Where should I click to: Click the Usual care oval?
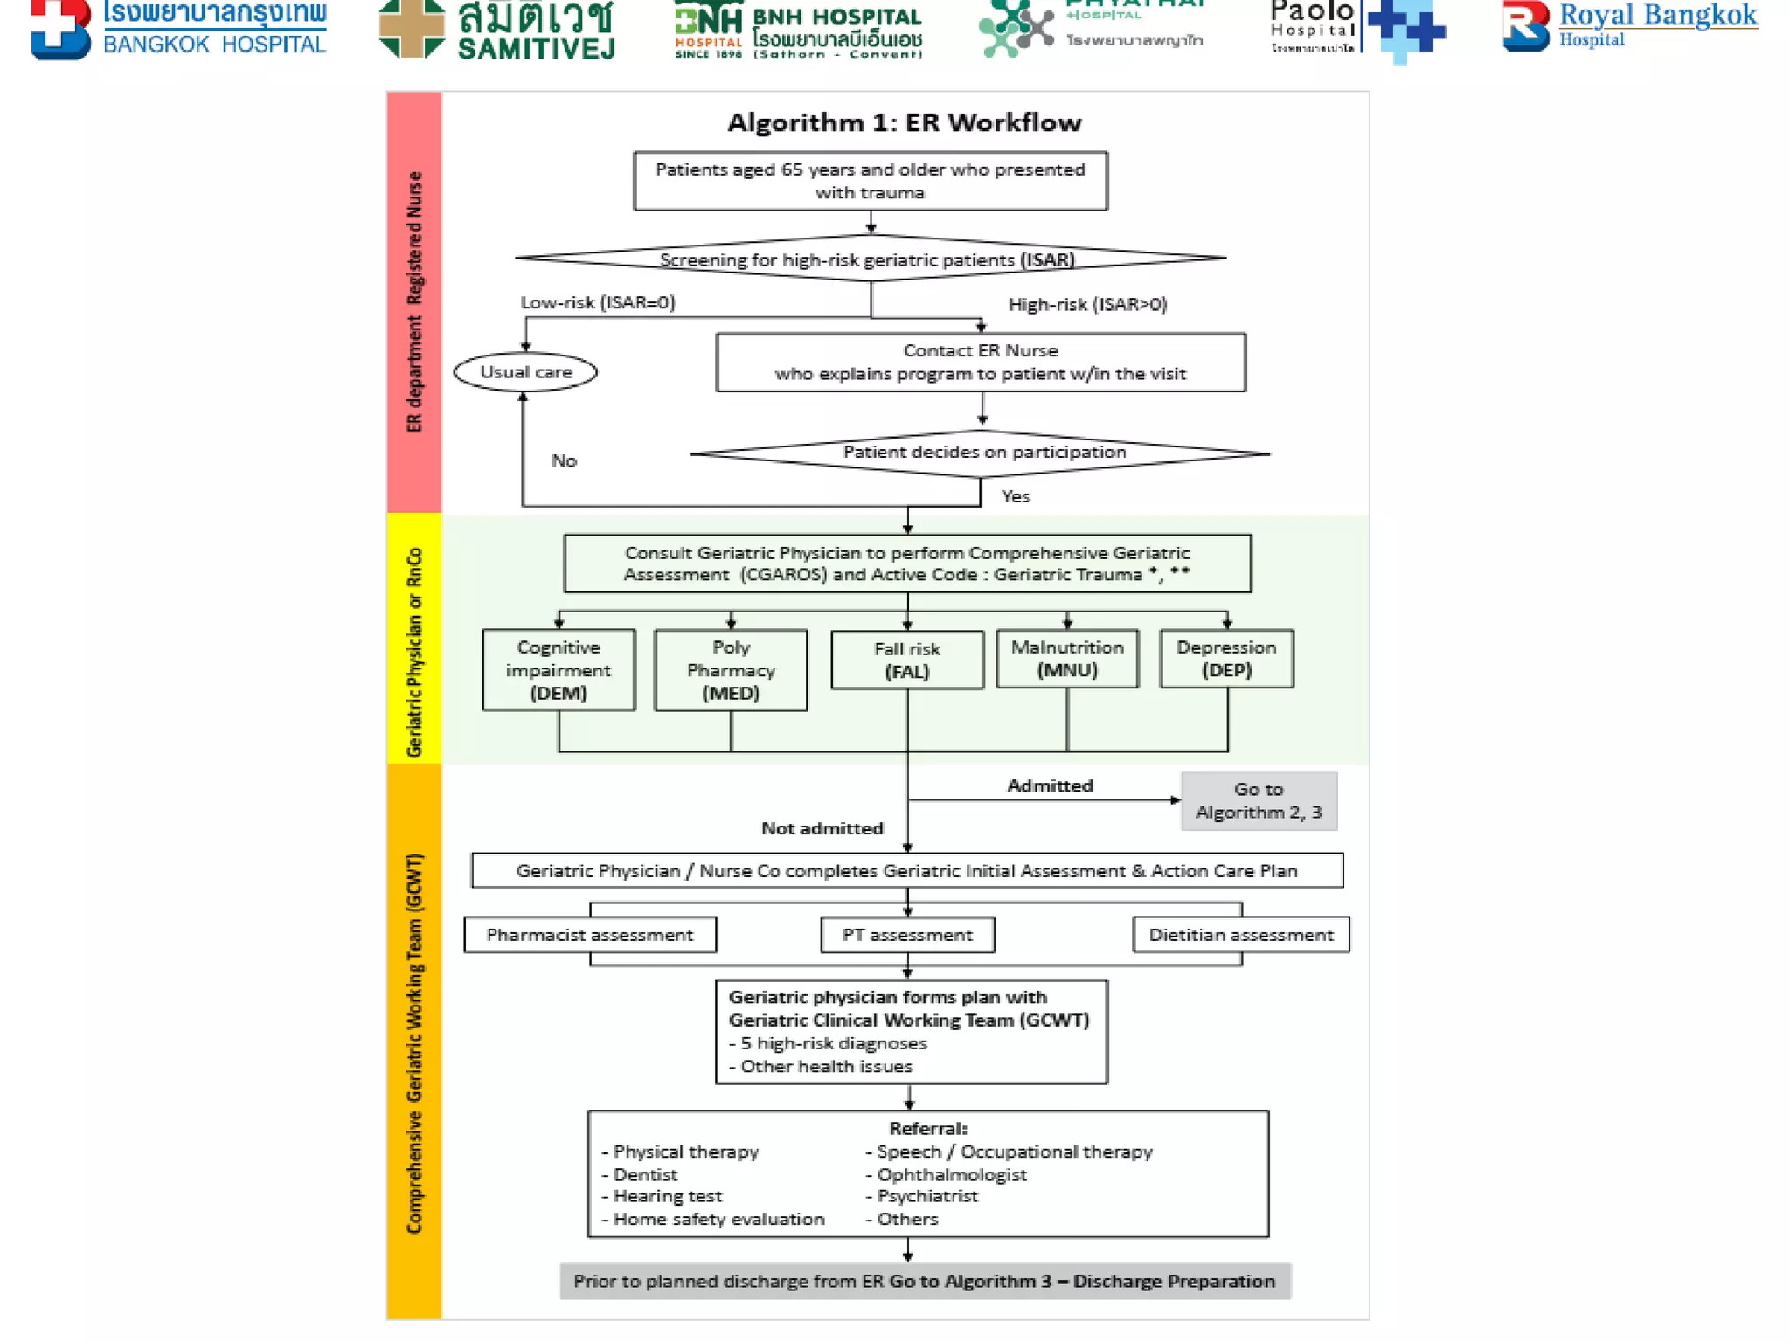point(525,372)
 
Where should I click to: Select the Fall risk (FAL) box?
point(906,661)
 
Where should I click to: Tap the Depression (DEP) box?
point(1226,659)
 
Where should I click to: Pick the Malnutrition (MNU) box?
point(1067,659)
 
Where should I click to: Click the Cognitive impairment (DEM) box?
point(559,670)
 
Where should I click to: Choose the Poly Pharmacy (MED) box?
point(731,670)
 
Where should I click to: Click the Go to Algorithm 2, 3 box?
point(1259,800)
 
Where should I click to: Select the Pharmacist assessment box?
point(590,935)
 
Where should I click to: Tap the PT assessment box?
point(907,935)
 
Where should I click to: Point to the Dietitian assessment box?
point(1240,935)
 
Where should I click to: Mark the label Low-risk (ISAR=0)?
point(598,302)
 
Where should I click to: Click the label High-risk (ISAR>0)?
point(1087,304)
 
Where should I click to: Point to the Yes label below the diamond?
point(1016,496)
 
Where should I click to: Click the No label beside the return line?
point(564,460)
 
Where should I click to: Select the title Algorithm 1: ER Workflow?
point(904,122)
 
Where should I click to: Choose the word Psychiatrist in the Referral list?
point(926,1196)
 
